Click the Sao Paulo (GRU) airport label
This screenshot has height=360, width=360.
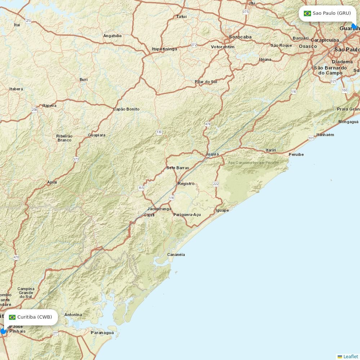tap(331, 13)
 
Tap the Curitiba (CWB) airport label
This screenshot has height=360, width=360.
tap(35, 317)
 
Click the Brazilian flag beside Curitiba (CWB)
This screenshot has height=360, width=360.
tap(12, 317)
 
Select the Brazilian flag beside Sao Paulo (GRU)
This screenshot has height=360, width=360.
tap(307, 13)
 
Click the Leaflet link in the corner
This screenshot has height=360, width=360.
tap(350, 356)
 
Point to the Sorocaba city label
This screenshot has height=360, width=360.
tap(240, 37)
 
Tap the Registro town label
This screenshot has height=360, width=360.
tap(186, 184)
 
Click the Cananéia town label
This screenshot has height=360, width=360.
tap(176, 255)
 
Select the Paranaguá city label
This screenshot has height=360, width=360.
tap(102, 333)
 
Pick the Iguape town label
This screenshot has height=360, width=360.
tap(222, 210)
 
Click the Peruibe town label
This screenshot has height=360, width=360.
tap(296, 154)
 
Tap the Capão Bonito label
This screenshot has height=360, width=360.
tap(126, 109)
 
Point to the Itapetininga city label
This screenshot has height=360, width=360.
tap(165, 49)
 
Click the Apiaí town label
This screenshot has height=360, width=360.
tap(52, 182)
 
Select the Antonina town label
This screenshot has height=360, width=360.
tap(73, 315)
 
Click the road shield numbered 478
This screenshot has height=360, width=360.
tap(208, 124)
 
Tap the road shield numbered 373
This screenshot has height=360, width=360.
tap(76, 159)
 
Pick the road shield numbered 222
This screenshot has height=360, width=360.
tap(216, 184)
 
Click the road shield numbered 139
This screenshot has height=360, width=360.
tap(159, 132)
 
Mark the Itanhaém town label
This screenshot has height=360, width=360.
tap(325, 135)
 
